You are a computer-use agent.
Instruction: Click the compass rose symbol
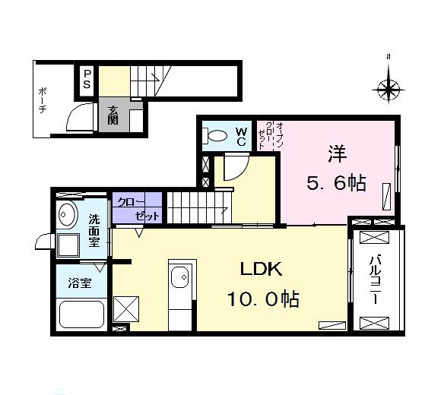(389, 89)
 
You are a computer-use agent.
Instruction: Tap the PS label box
(87, 79)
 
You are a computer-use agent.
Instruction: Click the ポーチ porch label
(43, 99)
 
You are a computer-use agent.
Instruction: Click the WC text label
(240, 137)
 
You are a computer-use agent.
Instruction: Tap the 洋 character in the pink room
(338, 153)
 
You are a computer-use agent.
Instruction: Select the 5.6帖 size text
(338, 183)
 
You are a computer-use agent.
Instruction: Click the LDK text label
(262, 270)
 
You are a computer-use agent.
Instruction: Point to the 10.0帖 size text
(262, 299)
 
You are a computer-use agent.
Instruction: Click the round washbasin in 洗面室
(68, 214)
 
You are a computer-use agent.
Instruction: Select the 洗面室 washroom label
(94, 231)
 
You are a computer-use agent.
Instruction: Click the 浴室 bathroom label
(80, 284)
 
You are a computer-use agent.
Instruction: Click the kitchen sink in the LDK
(181, 279)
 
